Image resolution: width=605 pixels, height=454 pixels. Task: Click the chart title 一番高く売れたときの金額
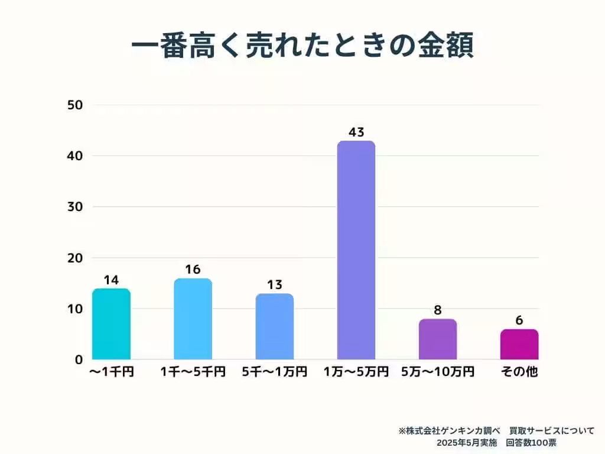coord(302,47)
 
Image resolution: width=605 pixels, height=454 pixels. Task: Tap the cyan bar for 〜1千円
coord(111,324)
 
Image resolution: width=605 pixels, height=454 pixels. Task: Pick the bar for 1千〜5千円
coord(193,319)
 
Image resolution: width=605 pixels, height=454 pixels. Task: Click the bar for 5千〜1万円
coord(274,326)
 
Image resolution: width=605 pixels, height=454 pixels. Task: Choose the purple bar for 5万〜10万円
coord(437,339)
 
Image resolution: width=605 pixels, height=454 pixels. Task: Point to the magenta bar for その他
coord(519,344)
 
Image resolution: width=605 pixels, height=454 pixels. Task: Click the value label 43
coord(356,132)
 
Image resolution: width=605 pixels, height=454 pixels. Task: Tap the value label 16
coord(193,270)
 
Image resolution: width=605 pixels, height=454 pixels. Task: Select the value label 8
coord(438,310)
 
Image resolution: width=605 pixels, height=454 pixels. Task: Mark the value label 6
coord(519,320)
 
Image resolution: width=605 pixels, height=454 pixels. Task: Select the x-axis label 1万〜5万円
coord(356,372)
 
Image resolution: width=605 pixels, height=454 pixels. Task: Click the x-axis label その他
coord(519,372)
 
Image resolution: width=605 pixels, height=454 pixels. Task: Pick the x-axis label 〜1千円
coord(111,372)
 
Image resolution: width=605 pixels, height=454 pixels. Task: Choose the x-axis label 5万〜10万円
coord(438,372)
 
